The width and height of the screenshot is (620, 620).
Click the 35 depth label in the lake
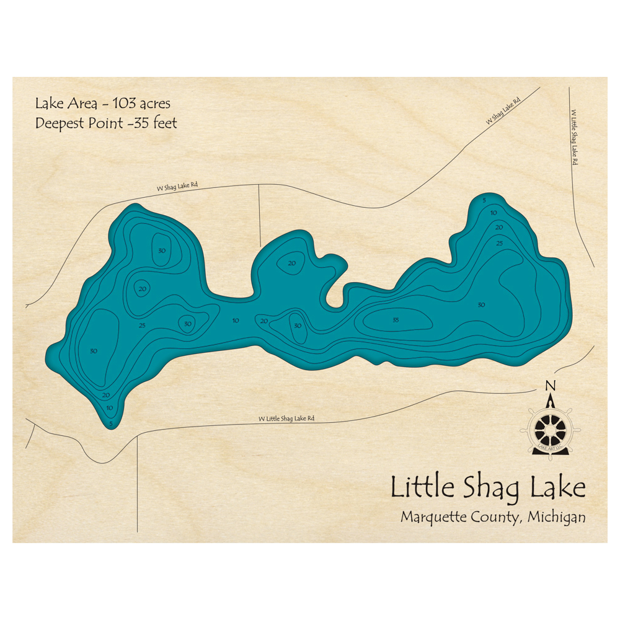point(396,320)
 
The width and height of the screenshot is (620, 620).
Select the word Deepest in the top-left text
point(59,123)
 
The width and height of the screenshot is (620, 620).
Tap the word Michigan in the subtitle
point(556,517)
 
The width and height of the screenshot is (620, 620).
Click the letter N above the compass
point(549,386)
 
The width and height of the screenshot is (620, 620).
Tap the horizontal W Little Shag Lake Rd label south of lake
point(286,418)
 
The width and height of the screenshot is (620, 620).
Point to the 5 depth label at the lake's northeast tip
point(484,200)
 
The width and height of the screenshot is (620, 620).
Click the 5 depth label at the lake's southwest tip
point(111,424)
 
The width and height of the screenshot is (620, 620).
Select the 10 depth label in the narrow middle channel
point(236,321)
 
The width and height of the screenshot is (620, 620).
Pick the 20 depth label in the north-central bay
point(292,263)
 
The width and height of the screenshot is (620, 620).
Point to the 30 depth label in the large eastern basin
point(481,304)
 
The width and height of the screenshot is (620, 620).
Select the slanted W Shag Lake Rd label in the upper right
point(503,110)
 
